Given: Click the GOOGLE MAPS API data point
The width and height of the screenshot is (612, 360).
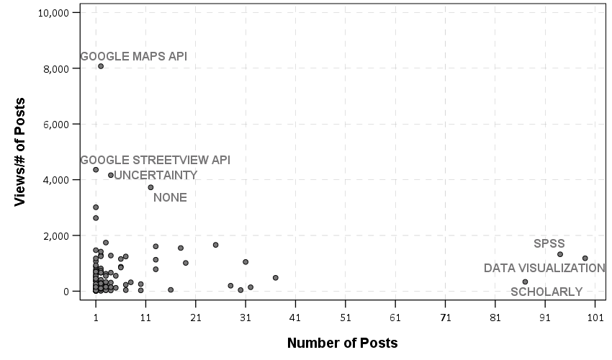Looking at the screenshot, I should coord(101,66).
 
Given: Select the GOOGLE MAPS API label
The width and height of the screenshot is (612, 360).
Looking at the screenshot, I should coord(133,56).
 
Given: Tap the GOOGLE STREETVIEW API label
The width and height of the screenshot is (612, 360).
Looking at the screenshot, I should coord(155,160).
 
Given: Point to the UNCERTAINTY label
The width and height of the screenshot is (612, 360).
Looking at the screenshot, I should coord(156,176).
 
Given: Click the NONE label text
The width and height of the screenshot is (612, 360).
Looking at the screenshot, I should coord(170,198).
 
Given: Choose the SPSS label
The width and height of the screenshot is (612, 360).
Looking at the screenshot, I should coord(549,244).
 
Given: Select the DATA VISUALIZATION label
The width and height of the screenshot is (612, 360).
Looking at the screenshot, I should coord(544,269).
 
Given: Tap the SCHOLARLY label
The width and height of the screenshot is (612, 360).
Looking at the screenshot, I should coord(546,292).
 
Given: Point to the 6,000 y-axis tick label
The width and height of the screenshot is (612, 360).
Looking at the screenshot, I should coord(53,125).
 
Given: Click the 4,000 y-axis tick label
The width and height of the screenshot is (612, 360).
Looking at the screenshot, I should coord(53,180).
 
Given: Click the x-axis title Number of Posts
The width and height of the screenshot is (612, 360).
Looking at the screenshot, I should coord(342,343).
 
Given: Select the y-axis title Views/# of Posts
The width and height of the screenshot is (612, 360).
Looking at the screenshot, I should coord(20,152).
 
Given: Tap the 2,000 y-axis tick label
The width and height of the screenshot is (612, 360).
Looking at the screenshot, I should coord(53,236).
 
